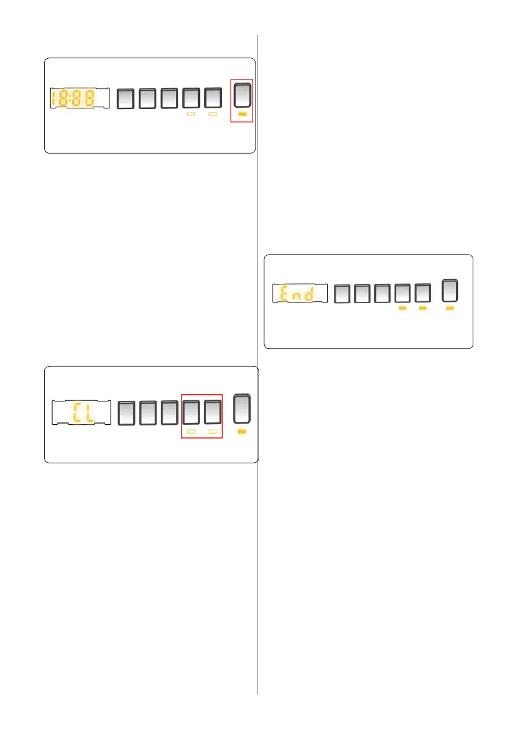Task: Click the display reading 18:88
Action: click(x=79, y=98)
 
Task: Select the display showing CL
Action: click(x=80, y=413)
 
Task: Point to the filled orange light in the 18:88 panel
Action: click(x=241, y=114)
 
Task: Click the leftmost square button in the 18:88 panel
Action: click(x=125, y=98)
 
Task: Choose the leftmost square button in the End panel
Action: click(x=343, y=294)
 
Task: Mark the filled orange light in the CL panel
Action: click(x=241, y=432)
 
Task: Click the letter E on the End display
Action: click(x=284, y=295)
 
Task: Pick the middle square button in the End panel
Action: click(x=382, y=294)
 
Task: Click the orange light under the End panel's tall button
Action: click(x=451, y=309)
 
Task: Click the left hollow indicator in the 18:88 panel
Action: click(x=191, y=114)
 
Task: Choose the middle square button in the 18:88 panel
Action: click(x=169, y=98)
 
